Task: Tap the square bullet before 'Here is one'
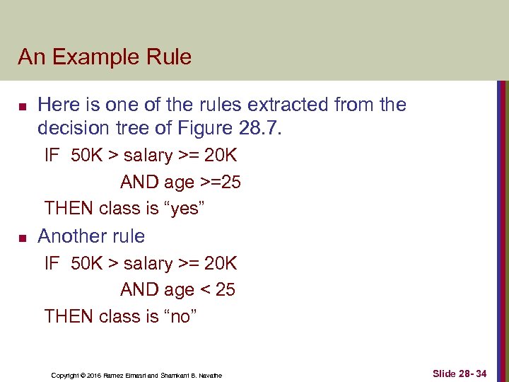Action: (23, 107)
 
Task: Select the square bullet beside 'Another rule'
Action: (23, 238)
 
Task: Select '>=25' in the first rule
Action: (220, 183)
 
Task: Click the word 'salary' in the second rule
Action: (148, 264)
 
